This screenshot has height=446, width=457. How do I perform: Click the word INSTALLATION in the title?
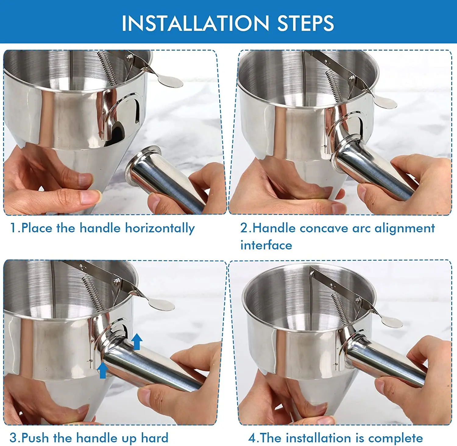pyautogui.click(x=195, y=23)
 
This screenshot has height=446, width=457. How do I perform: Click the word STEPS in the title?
pyautogui.click(x=306, y=23)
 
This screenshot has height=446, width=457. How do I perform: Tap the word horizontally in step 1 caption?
pyautogui.click(x=160, y=228)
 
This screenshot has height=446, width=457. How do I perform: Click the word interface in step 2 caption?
pyautogui.click(x=266, y=245)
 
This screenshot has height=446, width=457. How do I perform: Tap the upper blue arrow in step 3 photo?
pyautogui.click(x=137, y=341)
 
